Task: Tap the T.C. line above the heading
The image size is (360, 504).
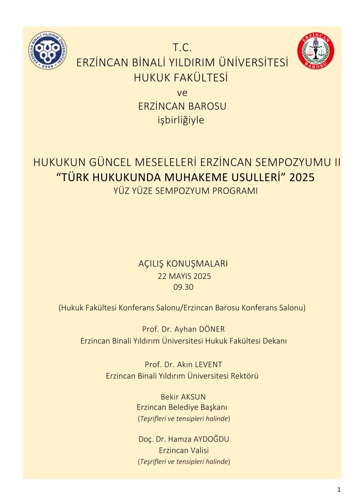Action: (x=182, y=48)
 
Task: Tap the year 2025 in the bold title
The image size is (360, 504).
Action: (x=302, y=177)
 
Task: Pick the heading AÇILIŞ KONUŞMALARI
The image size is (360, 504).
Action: (x=183, y=264)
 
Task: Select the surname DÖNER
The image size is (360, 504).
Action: (x=211, y=329)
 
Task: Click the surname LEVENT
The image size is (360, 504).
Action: (x=208, y=365)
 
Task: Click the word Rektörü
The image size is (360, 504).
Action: (x=246, y=376)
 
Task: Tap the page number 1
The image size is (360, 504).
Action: (x=338, y=490)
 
